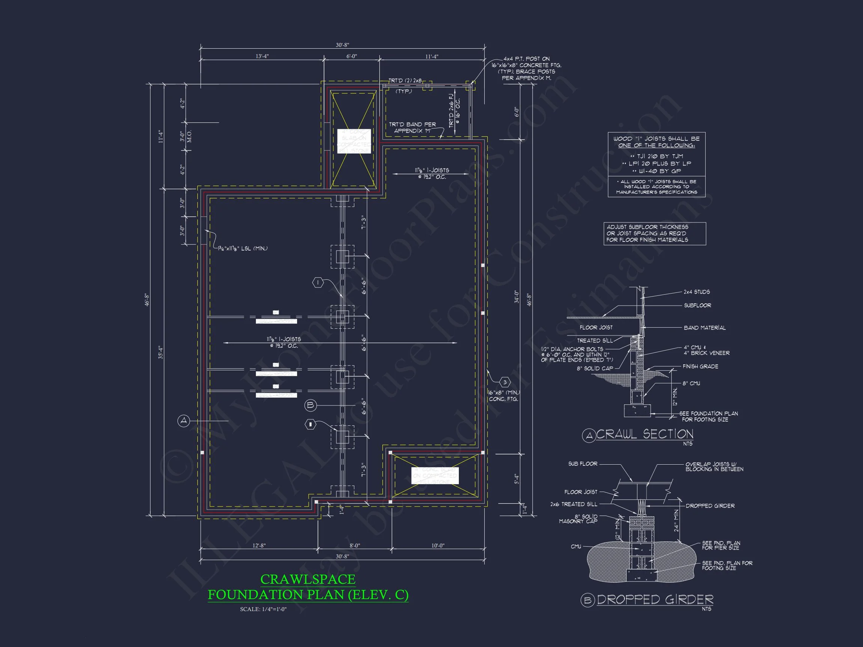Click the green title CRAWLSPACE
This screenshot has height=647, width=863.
pyautogui.click(x=308, y=580)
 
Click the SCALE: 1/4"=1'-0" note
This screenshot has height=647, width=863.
pyautogui.click(x=263, y=609)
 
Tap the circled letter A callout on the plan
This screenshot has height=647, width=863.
pyautogui.click(x=184, y=421)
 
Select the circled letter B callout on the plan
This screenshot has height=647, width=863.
pyautogui.click(x=310, y=405)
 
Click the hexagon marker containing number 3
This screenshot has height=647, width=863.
pyautogui.click(x=505, y=382)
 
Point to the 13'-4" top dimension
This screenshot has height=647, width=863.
pyautogui.click(x=262, y=56)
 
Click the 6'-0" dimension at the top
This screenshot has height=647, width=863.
pyautogui.click(x=351, y=56)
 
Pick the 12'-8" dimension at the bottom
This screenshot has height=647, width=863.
pyautogui.click(x=259, y=546)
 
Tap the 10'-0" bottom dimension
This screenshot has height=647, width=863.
pyautogui.click(x=438, y=546)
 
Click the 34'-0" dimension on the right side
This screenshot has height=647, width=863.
pyautogui.click(x=517, y=297)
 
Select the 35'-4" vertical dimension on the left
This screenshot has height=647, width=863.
pyautogui.click(x=160, y=352)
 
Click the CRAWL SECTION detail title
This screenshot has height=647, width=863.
pyautogui.click(x=645, y=434)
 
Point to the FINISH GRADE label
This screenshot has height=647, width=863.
pyautogui.click(x=700, y=366)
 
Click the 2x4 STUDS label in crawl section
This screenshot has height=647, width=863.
pyautogui.click(x=696, y=292)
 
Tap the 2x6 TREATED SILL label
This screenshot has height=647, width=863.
pyautogui.click(x=573, y=504)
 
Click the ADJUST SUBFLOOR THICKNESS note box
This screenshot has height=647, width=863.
pyautogui.click(x=654, y=233)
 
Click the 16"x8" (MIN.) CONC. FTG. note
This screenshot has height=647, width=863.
pyautogui.click(x=504, y=395)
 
